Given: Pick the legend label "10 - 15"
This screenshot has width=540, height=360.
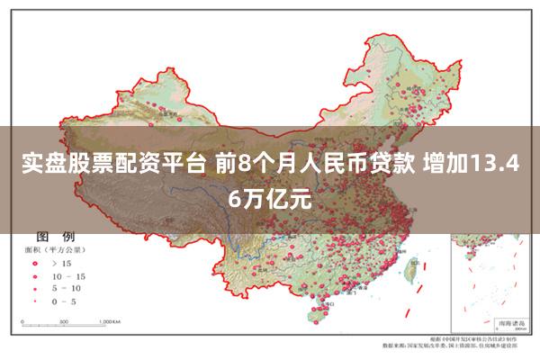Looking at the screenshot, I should click(69, 275).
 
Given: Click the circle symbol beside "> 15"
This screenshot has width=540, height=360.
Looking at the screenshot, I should click(35, 263).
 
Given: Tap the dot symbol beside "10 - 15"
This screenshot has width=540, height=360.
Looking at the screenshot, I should click(35, 275).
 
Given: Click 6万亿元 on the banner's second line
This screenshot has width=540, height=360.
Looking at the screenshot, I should click(270, 199).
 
